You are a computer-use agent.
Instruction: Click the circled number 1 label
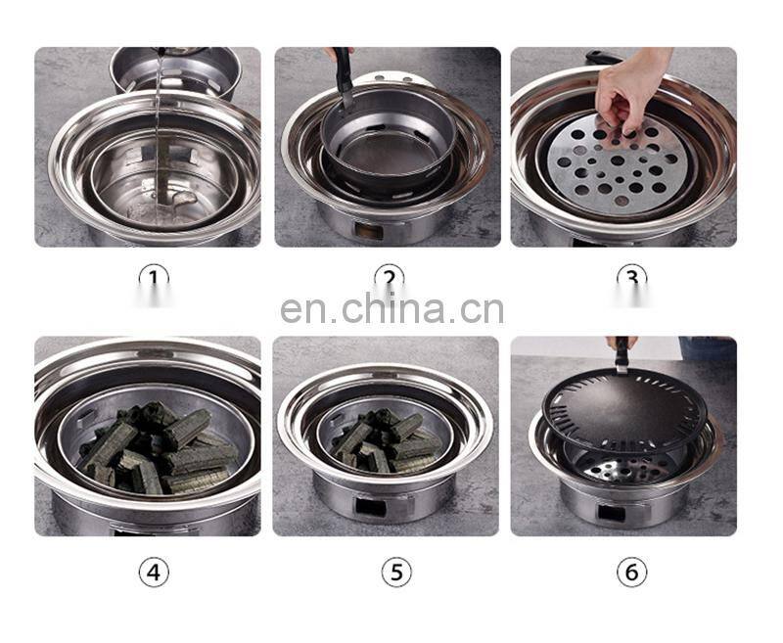click(x=154, y=278)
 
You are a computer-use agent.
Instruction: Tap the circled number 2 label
click(x=390, y=278)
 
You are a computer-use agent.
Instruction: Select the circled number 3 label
click(x=631, y=278)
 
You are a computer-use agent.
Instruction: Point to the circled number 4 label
click(x=154, y=573)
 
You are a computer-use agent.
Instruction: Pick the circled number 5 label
click(x=396, y=573)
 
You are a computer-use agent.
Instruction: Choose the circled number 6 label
click(x=631, y=573)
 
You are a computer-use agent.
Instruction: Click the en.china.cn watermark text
click(x=392, y=309)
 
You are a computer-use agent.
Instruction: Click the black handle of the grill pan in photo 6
click(x=622, y=353)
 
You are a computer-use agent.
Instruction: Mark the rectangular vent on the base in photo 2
click(x=370, y=231)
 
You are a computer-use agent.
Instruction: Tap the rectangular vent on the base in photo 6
click(x=611, y=513)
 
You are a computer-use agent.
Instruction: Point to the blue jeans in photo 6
click(x=708, y=348)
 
